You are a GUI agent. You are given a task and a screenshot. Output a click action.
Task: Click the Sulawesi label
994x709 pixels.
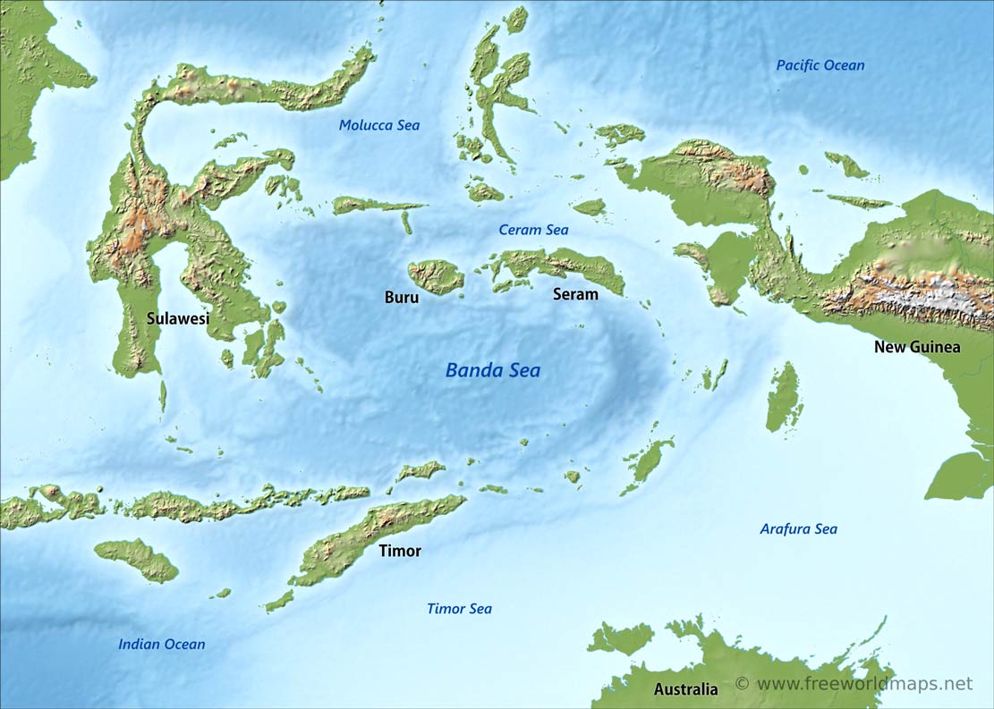coord(177,317)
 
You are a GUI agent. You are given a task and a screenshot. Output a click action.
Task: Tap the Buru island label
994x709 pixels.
coord(401,298)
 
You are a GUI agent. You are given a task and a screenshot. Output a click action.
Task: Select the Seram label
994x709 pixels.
coord(575,294)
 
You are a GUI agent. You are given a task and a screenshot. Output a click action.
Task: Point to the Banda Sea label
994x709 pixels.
coord(493,370)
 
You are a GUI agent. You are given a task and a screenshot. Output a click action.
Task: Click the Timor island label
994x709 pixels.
coord(399,551)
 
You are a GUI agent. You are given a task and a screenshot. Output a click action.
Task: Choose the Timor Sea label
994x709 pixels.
coord(459,609)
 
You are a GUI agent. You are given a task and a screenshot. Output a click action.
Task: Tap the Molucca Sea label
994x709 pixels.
coord(378,125)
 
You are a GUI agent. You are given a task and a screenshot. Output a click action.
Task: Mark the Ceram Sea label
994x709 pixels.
coord(533,230)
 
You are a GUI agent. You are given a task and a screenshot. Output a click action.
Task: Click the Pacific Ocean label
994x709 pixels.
coord(820,65)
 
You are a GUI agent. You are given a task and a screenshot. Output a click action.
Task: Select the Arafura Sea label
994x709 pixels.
coord(798,529)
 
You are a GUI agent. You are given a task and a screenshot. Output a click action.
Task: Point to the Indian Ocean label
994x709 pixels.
coord(161,644)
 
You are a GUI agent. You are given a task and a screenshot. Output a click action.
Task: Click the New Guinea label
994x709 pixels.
coord(917,347)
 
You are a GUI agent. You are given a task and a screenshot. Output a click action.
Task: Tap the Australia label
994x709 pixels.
coord(685,689)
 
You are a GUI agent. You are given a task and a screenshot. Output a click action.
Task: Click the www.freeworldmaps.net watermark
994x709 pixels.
coord(863,684)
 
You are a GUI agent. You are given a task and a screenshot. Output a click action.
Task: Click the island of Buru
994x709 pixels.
coord(436,276)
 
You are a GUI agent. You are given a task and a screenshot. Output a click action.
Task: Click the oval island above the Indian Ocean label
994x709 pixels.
coord(136,560)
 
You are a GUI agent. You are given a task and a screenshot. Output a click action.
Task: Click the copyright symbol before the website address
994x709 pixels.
coord(742,684)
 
